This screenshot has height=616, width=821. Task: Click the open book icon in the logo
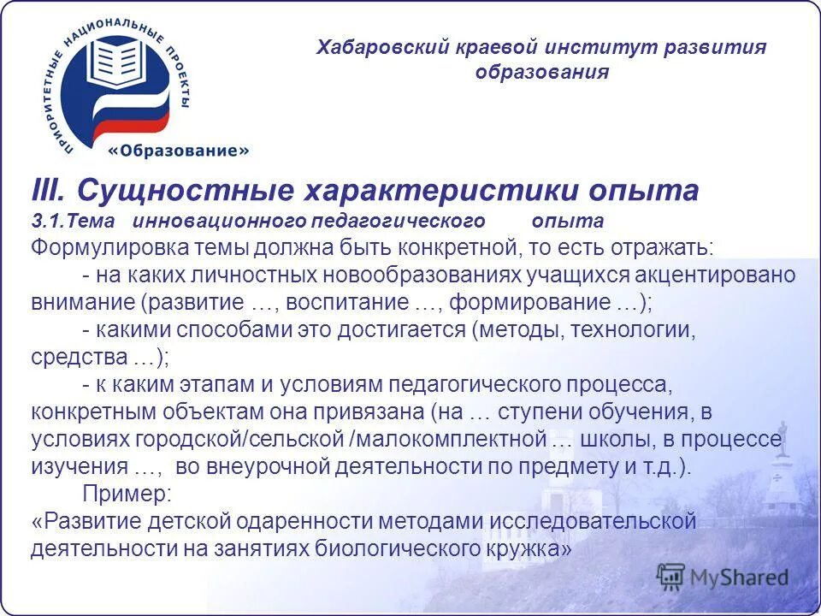coord(116,61)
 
